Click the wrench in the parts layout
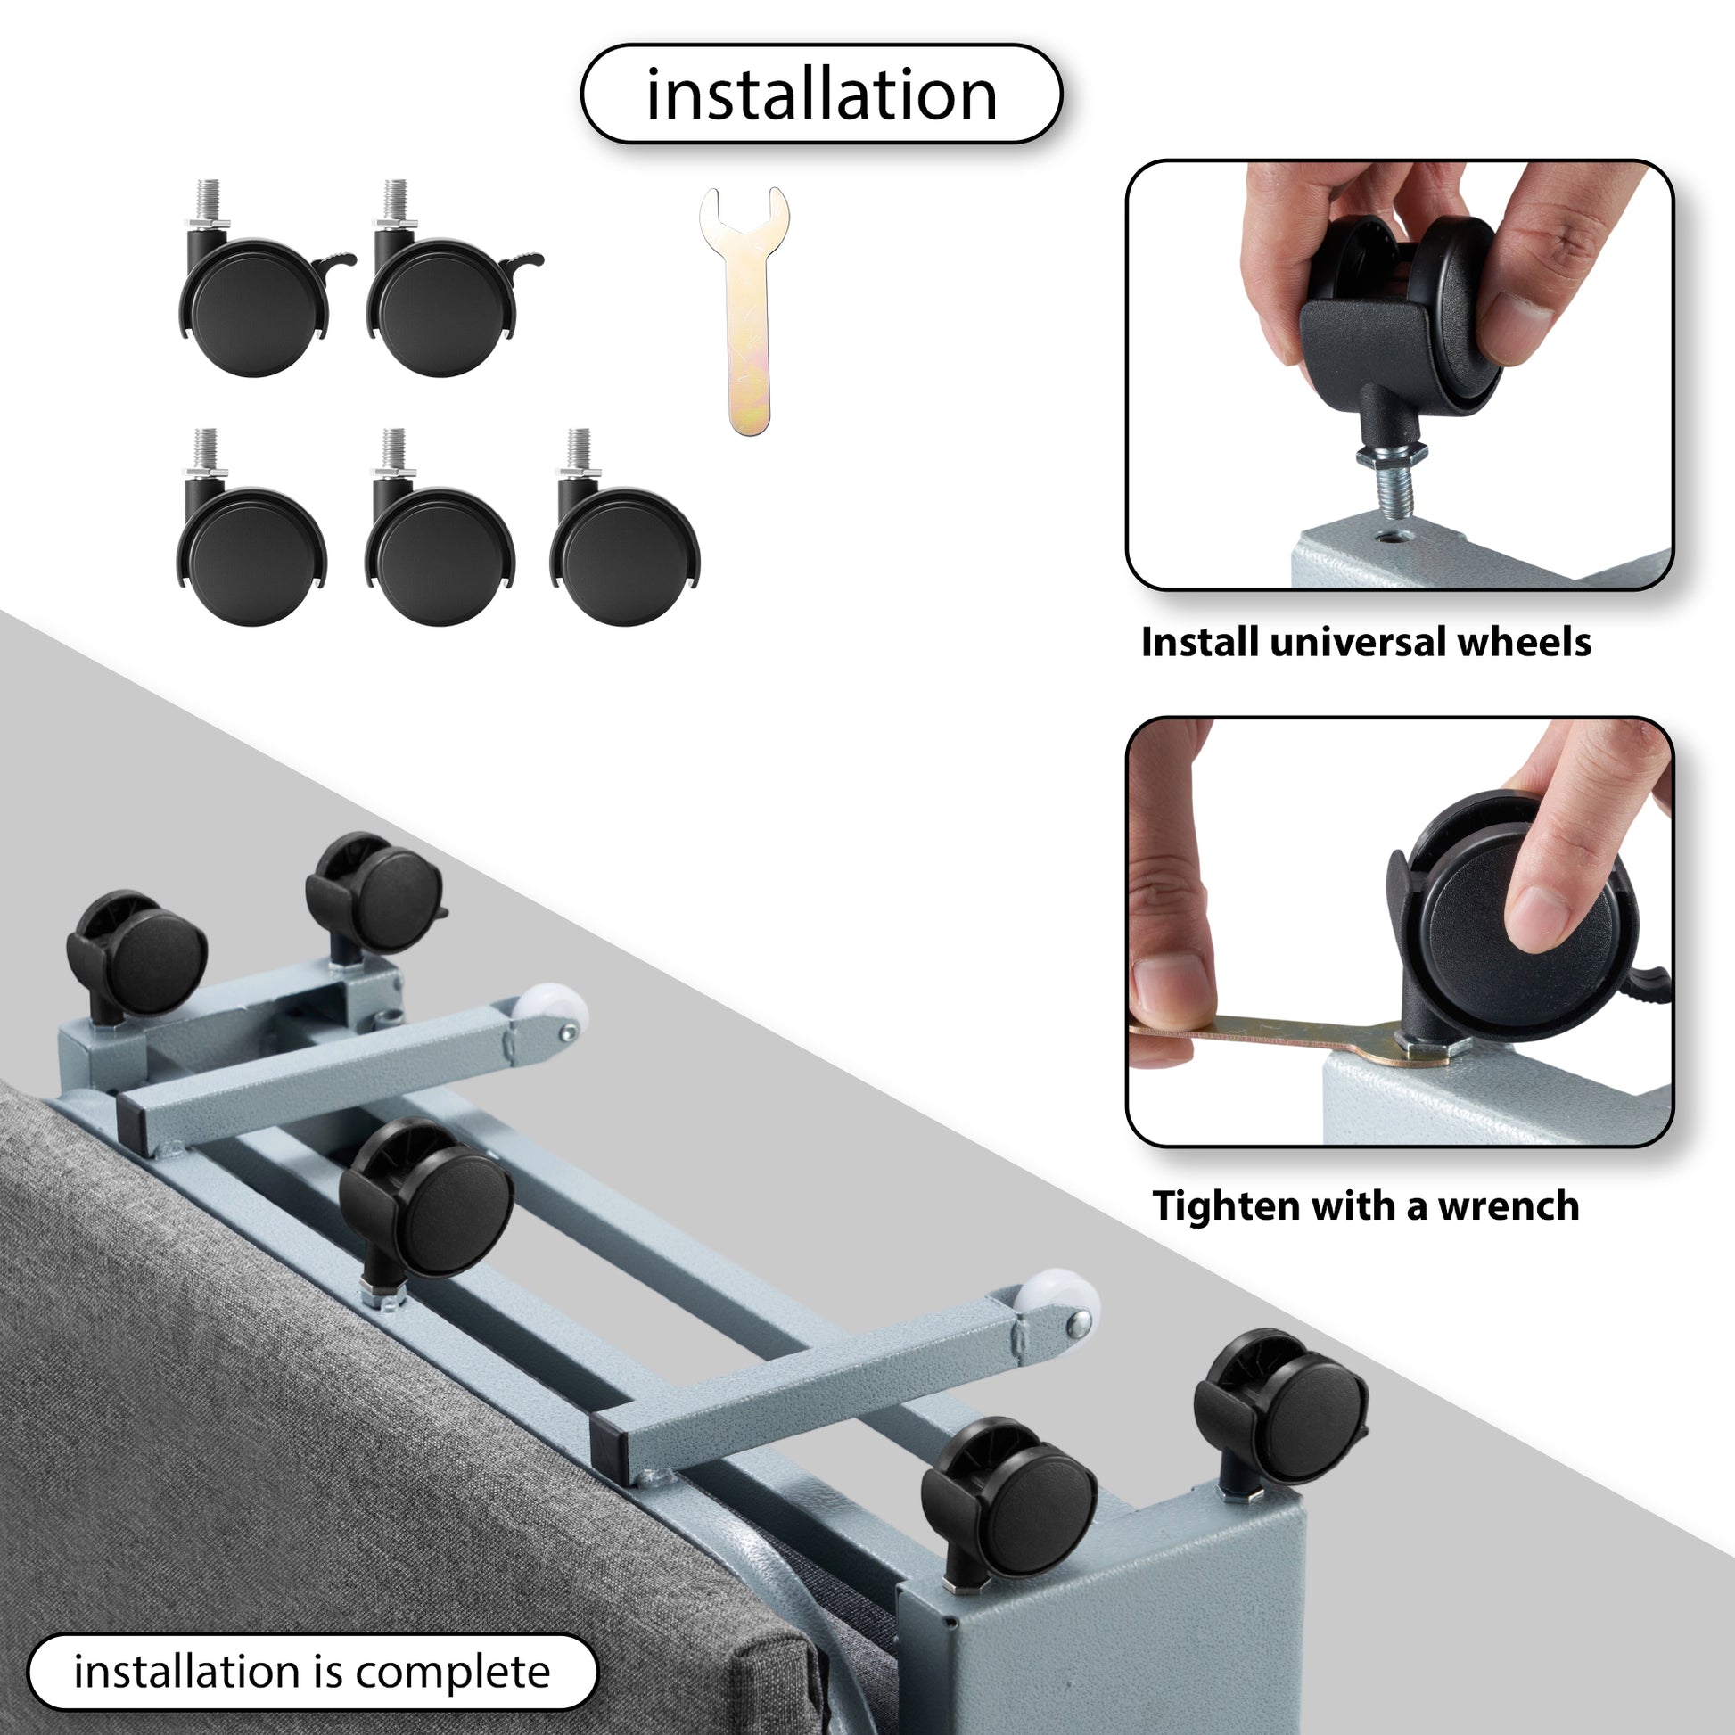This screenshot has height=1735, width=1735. (x=745, y=310)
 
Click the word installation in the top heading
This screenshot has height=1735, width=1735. (x=822, y=95)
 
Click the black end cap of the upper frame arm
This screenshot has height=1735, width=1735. (x=131, y=1124)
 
